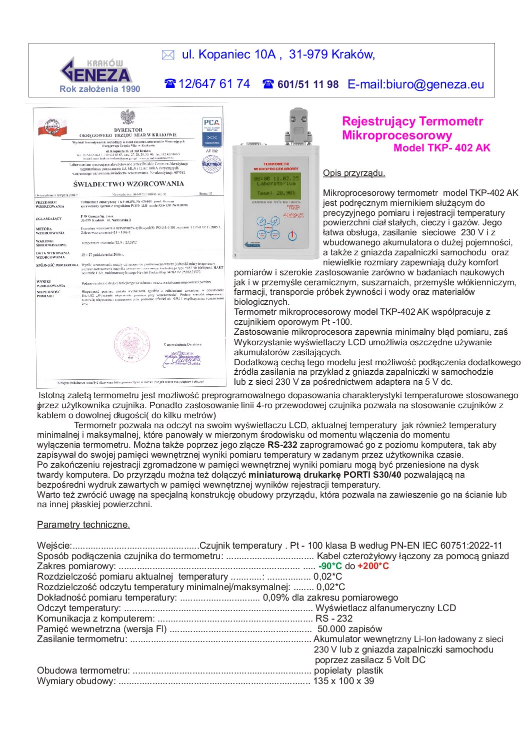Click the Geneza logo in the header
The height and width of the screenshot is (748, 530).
[x=95, y=70]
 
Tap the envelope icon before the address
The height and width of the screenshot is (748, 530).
[x=168, y=55]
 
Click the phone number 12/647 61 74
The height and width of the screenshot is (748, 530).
[x=214, y=84]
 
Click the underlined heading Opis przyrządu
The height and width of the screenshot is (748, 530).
[x=354, y=173]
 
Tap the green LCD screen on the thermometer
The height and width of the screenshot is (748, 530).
[x=276, y=185]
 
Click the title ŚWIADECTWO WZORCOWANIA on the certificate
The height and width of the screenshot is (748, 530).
[x=128, y=184]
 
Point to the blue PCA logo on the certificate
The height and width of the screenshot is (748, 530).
[x=211, y=122]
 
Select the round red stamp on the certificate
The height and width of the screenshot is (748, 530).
[x=131, y=344]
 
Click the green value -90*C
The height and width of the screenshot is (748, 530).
[x=330, y=566]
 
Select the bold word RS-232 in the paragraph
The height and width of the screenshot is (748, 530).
[x=282, y=445]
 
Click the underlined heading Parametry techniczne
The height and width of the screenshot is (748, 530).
[x=83, y=525]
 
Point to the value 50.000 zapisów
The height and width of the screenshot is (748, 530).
[x=349, y=629]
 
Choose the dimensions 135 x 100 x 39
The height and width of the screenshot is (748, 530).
[x=343, y=681]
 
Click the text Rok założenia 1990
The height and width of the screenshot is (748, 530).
[x=100, y=89]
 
